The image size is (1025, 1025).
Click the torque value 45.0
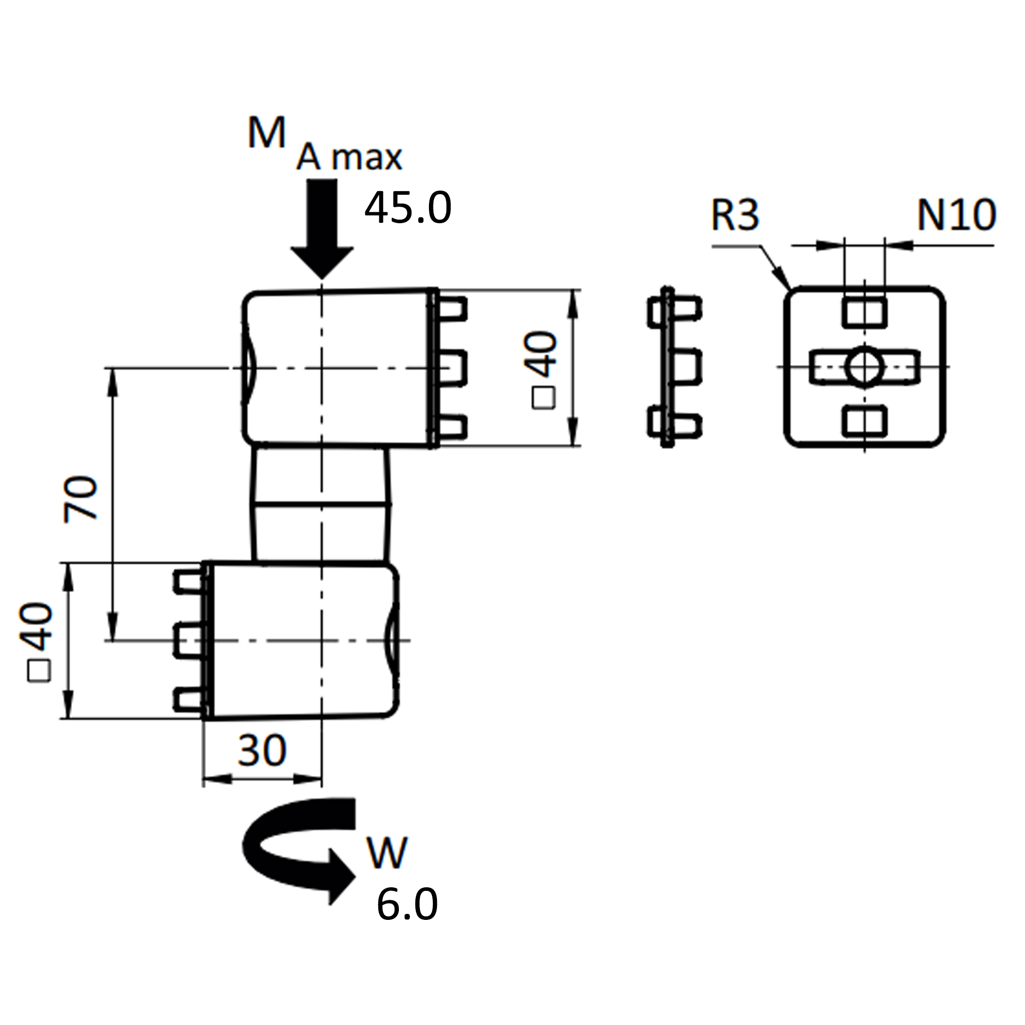coord(407,209)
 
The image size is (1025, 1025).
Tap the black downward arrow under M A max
coord(322,228)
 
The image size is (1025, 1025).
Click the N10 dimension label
coord(956,215)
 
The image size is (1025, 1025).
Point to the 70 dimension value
coord(81,499)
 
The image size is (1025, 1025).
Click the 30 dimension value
coord(262,750)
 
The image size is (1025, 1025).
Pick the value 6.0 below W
coord(407,904)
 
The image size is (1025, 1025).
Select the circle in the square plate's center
coord(865,366)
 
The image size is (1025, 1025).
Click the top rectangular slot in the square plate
coord(864,312)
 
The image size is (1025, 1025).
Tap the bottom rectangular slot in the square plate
coord(864,422)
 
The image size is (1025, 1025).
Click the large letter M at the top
coord(266,134)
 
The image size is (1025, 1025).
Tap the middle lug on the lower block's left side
coord(188,641)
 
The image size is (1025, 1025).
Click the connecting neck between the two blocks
coord(321,504)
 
